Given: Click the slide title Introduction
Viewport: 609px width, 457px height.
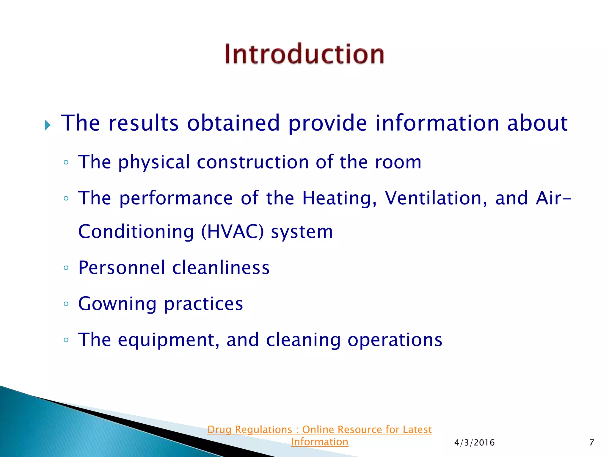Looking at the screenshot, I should click(304, 54).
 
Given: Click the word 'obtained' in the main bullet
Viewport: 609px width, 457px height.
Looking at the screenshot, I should click(233, 123).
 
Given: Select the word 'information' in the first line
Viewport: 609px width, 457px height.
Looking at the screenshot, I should click(437, 123).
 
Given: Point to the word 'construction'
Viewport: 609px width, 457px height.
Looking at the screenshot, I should click(253, 162).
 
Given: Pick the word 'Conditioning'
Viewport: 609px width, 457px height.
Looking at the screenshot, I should click(136, 232).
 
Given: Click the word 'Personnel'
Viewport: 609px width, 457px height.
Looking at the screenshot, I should click(122, 268).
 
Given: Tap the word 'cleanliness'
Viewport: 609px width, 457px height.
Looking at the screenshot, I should click(221, 268).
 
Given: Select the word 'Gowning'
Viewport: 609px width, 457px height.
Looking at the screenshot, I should click(117, 304).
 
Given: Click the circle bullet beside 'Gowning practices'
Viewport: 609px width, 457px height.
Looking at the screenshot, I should click(66, 304).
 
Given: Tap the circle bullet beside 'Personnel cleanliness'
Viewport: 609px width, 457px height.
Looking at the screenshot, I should click(66, 268).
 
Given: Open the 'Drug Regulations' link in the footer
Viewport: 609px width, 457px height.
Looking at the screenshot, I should click(319, 430).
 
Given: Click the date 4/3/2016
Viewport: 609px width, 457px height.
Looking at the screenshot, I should click(474, 443).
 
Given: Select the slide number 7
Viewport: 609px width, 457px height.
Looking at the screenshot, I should click(591, 443).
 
